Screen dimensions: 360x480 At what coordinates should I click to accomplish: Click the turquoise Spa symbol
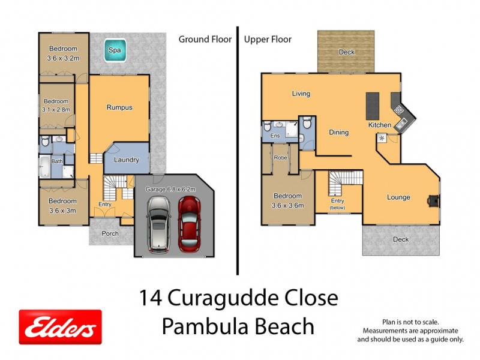[x=115, y=51]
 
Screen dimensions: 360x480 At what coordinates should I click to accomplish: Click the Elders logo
[x=60, y=327]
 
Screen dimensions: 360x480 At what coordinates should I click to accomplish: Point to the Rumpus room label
[x=119, y=107]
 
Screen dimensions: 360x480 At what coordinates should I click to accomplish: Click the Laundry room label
[x=127, y=160]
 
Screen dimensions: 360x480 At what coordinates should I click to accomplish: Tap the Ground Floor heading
[x=205, y=40]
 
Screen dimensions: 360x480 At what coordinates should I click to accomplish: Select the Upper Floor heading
[x=268, y=40]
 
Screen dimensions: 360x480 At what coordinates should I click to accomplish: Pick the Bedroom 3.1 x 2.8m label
[x=56, y=106]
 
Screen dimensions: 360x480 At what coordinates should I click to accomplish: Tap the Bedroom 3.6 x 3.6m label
[x=289, y=200]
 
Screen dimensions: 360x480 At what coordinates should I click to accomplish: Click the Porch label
[x=110, y=233]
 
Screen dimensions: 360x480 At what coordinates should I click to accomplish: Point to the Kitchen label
[x=380, y=125]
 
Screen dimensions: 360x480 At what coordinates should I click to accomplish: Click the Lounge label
[x=398, y=197]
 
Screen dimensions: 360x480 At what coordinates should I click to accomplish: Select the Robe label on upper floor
[x=280, y=158]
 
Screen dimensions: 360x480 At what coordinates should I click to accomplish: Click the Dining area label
[x=338, y=133]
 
